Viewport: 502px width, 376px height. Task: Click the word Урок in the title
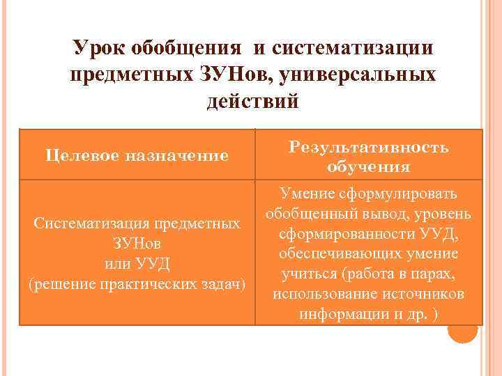(100, 49)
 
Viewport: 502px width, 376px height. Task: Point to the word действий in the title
(252, 102)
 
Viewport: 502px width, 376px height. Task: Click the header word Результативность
(369, 148)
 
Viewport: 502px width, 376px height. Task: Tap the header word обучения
(367, 167)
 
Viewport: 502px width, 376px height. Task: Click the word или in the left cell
(113, 265)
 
